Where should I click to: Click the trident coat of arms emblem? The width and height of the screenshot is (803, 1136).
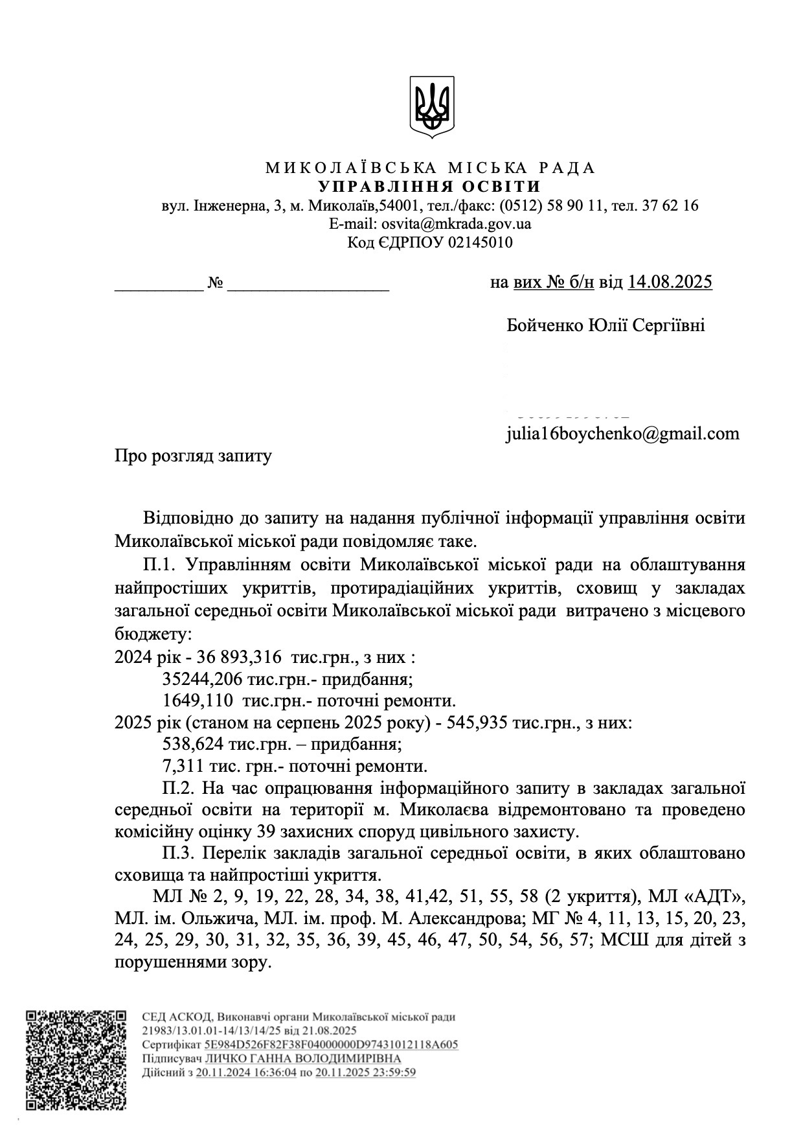pyautogui.click(x=431, y=107)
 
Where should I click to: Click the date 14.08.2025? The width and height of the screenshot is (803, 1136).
pyautogui.click(x=670, y=283)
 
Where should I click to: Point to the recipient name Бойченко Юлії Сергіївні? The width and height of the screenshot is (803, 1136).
pyautogui.click(x=605, y=325)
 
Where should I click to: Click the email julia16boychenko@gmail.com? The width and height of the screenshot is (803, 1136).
pyautogui.click(x=622, y=433)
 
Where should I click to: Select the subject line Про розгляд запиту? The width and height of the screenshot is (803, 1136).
pyautogui.click(x=193, y=456)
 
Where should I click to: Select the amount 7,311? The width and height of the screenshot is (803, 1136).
pyautogui.click(x=183, y=767)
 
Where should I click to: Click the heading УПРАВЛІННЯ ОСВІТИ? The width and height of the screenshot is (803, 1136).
pyautogui.click(x=431, y=187)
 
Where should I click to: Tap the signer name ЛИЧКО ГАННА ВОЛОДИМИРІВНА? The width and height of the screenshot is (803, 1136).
pyautogui.click(x=302, y=1058)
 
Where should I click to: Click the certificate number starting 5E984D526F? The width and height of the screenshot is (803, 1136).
pyautogui.click(x=331, y=1045)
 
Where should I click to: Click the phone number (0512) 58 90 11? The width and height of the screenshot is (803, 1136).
pyautogui.click(x=552, y=206)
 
